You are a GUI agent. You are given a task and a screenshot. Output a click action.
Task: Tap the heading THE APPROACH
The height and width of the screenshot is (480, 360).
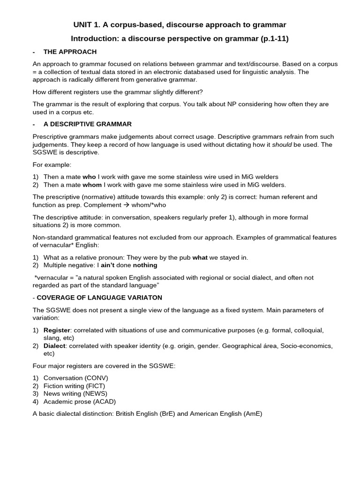click(70, 52)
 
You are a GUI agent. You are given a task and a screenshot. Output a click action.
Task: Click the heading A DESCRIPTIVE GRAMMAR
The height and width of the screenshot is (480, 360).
click(87, 124)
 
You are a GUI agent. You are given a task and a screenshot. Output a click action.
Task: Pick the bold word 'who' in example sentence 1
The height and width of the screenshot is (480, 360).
click(89, 177)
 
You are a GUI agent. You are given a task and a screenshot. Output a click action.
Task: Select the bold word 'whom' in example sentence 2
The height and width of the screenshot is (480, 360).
click(92, 185)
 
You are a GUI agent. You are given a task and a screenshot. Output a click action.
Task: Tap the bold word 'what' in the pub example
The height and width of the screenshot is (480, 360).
click(200, 257)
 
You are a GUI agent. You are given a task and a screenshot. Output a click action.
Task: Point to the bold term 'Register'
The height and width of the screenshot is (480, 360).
click(56, 330)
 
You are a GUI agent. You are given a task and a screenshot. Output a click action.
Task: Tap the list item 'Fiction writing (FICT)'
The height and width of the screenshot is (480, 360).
click(74, 386)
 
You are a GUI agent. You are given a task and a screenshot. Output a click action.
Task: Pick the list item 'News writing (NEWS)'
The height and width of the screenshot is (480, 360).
click(75, 394)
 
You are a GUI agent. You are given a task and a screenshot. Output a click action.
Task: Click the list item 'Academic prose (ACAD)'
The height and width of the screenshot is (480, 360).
click(79, 402)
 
